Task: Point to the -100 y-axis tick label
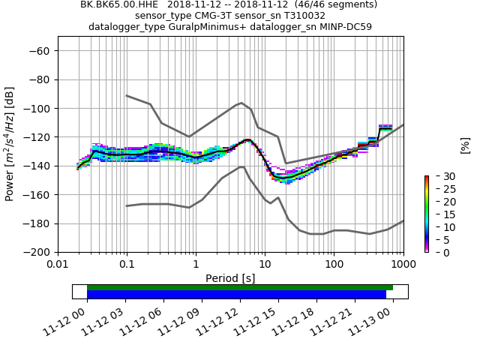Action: [37, 109]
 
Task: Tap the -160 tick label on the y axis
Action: [37, 195]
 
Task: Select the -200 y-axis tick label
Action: [37, 253]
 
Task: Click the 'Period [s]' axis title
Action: [230, 277]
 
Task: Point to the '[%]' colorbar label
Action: [465, 145]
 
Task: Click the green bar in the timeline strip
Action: [240, 287]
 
